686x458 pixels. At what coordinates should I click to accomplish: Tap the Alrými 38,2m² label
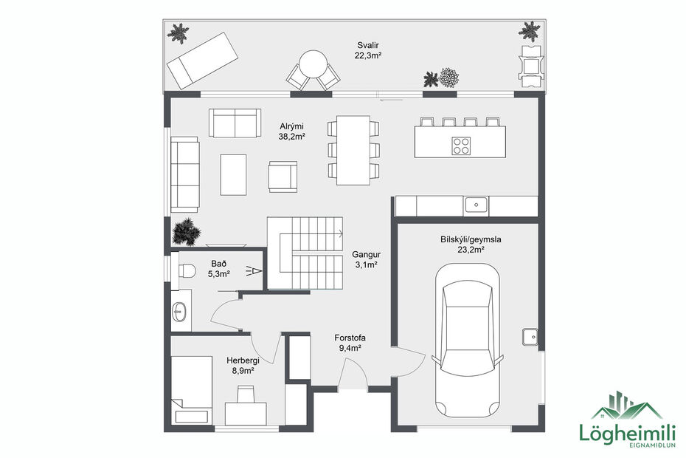(292, 131)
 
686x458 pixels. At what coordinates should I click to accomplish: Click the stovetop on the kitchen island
(462, 146)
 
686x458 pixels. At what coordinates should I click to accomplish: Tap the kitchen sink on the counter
(476, 203)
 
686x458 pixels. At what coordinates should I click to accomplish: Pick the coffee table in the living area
(234, 173)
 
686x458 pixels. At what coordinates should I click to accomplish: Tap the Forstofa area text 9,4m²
(349, 349)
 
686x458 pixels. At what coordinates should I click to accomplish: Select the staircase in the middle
(305, 253)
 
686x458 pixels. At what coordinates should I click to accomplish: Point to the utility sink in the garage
(530, 337)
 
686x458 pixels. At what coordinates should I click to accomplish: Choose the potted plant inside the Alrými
(186, 232)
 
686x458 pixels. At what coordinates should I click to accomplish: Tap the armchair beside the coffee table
(283, 176)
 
